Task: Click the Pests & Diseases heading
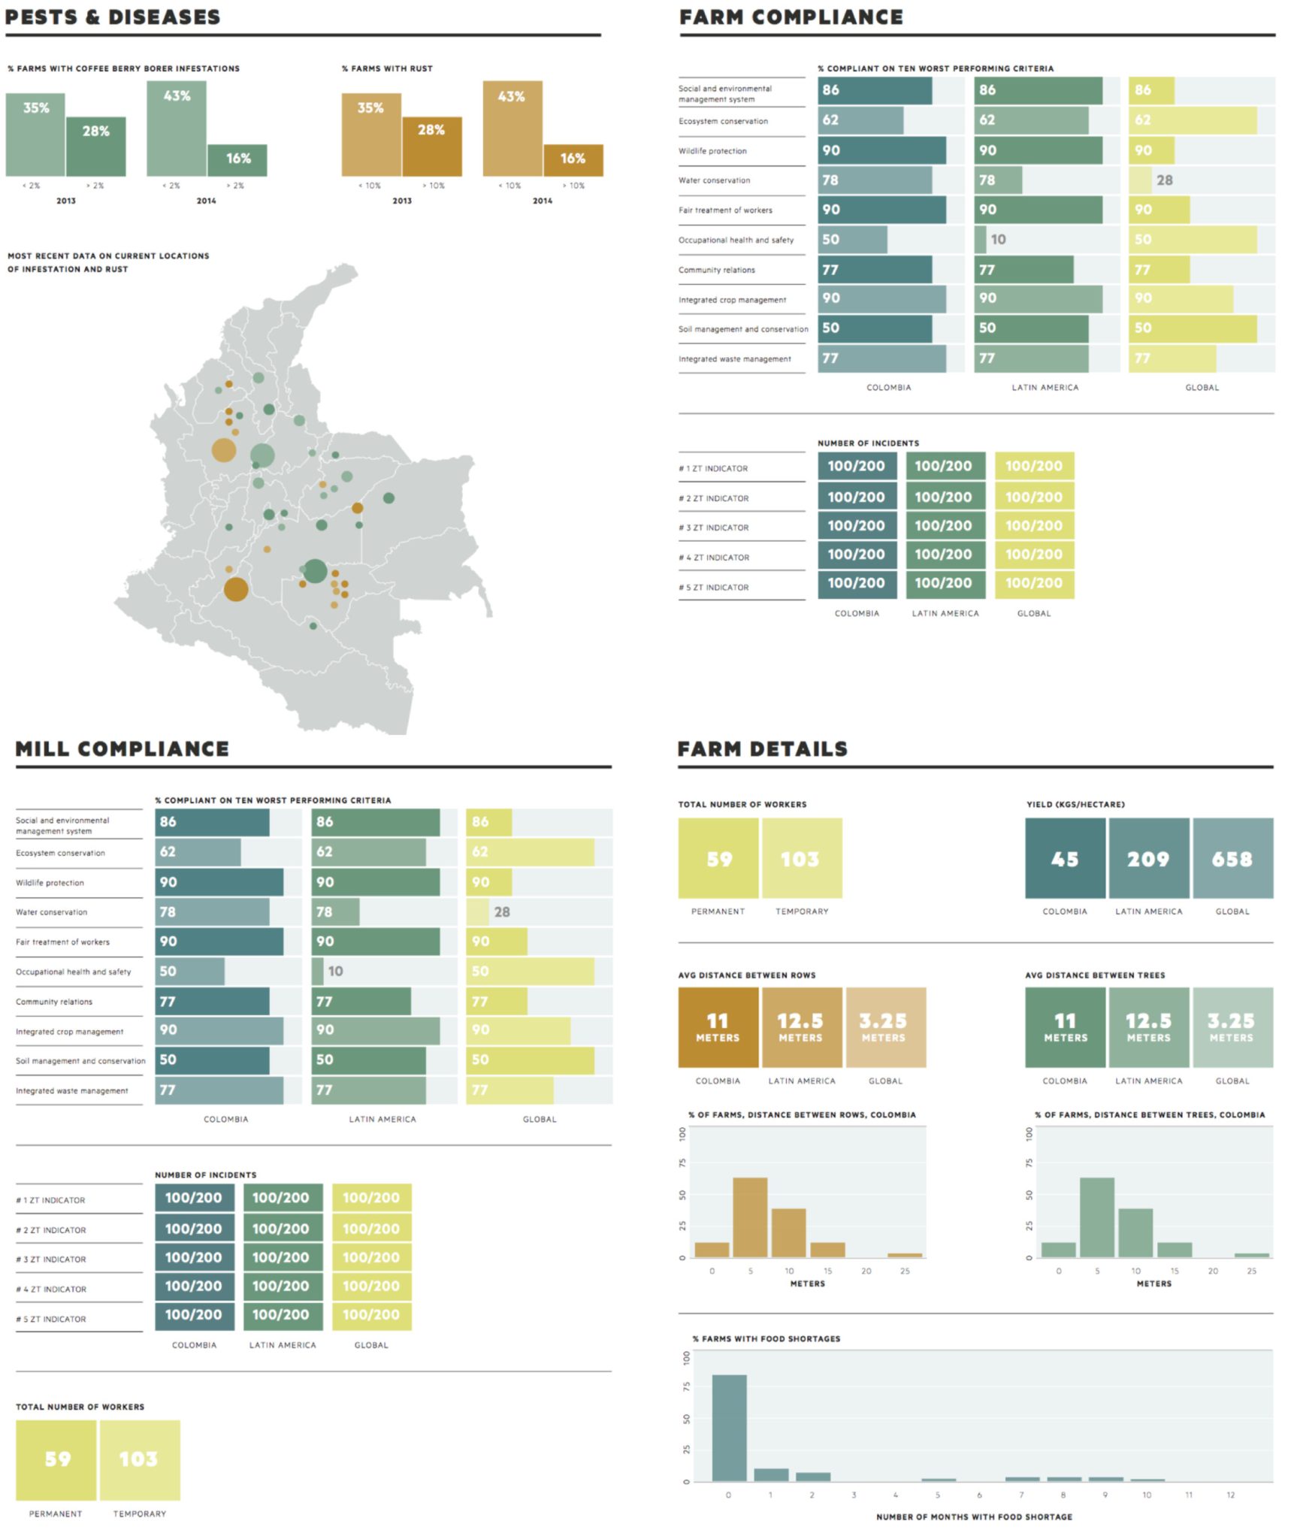(x=113, y=17)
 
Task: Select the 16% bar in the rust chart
(x=573, y=159)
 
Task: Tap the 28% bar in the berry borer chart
(x=95, y=147)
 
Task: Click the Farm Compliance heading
(x=791, y=17)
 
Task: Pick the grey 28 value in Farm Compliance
(x=1164, y=180)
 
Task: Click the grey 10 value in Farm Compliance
(x=997, y=240)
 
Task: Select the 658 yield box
(x=1232, y=858)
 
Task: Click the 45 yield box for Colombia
(x=1064, y=858)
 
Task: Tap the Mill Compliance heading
(x=122, y=748)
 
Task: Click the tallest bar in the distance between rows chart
(x=750, y=1216)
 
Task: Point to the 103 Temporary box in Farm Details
(x=801, y=858)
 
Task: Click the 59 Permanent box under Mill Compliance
(x=56, y=1459)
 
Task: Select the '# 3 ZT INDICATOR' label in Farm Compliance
(x=714, y=528)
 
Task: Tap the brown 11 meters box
(x=718, y=1027)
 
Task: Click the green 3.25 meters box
(x=1232, y=1027)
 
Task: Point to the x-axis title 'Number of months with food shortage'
(x=974, y=1516)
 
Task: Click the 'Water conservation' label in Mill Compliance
(x=51, y=912)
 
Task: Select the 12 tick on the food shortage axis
(x=1230, y=1495)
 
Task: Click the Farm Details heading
(x=762, y=748)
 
